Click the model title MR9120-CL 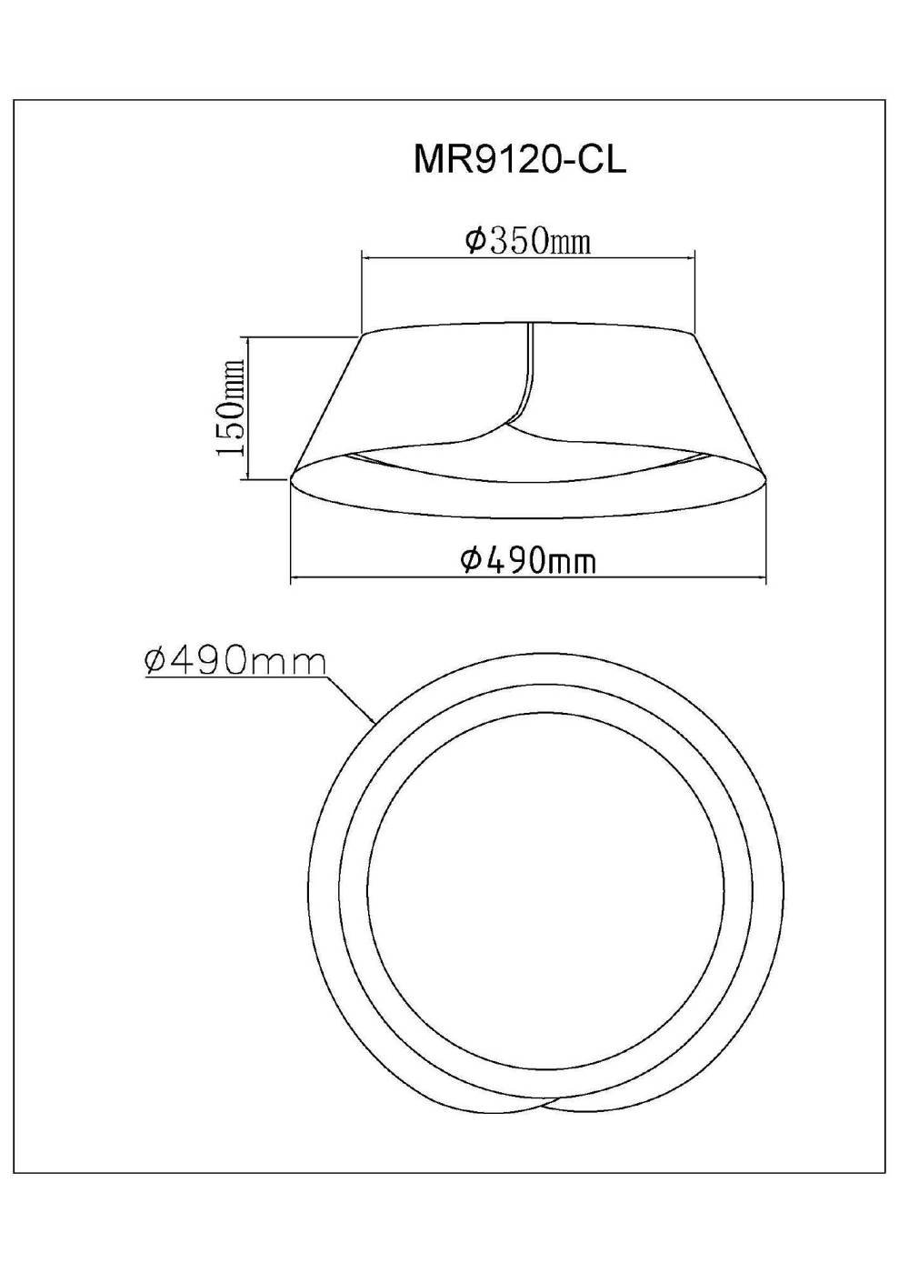click(x=520, y=160)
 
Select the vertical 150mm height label click(x=231, y=407)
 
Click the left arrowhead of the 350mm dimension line click(x=365, y=258)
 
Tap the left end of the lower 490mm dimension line click(x=291, y=580)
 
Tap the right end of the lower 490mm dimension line click(x=766, y=580)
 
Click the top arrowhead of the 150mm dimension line click(x=248, y=339)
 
